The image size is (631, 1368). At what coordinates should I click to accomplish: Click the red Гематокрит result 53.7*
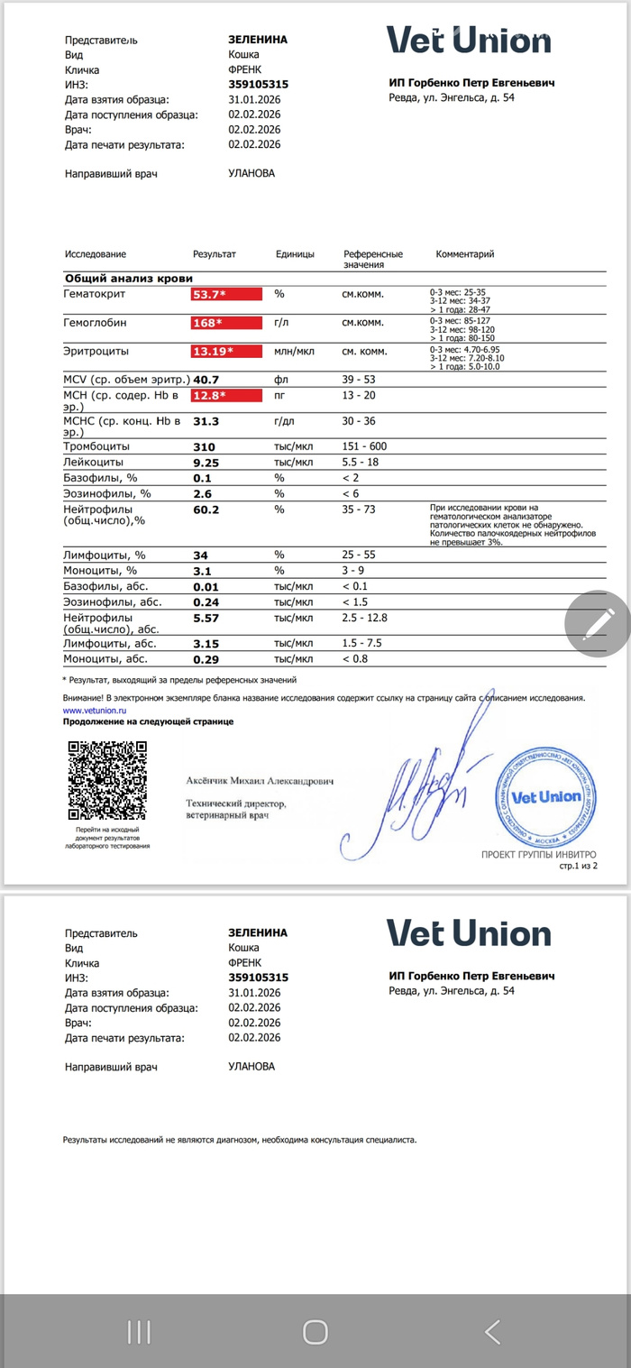[225, 294]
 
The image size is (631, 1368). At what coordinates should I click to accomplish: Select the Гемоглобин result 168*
[225, 323]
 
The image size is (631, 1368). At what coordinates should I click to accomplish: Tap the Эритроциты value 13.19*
[225, 352]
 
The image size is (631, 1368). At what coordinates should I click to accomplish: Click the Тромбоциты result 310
[206, 446]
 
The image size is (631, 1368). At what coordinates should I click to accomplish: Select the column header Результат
[215, 254]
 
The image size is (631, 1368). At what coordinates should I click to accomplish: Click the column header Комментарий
[465, 254]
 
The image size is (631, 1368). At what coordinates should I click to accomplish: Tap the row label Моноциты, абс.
[110, 660]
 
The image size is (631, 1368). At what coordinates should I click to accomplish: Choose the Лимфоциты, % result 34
[200, 554]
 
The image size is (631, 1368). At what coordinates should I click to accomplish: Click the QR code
[107, 778]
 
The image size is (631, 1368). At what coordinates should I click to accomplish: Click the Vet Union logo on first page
[469, 41]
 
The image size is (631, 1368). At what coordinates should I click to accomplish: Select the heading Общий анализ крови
[128, 278]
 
